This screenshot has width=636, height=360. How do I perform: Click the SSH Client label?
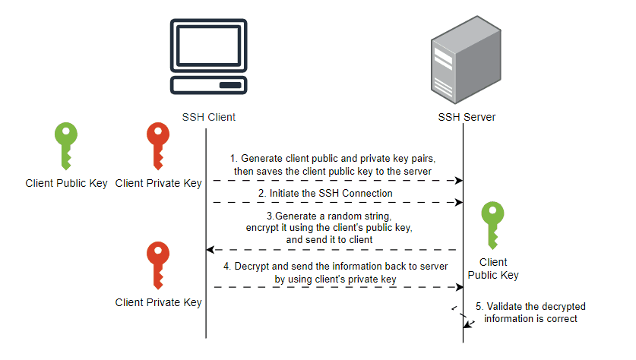point(208,117)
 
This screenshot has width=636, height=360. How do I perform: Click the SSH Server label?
point(467,117)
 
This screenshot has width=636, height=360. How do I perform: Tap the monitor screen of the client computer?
point(208,45)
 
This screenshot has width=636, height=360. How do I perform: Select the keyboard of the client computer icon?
point(208,85)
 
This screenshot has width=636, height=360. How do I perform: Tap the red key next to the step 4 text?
point(158,265)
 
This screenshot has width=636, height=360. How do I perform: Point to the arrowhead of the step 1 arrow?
point(460,181)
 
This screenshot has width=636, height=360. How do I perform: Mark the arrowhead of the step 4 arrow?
point(460,287)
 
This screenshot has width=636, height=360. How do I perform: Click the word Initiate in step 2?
point(288,194)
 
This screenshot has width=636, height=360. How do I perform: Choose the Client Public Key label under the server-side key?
point(492,268)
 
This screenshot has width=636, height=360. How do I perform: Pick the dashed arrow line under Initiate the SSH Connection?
point(334,203)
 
